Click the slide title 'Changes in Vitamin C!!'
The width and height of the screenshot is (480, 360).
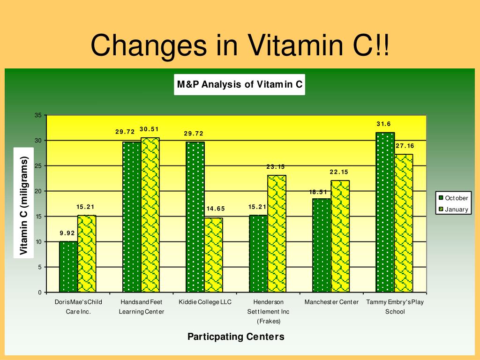pos(240,45)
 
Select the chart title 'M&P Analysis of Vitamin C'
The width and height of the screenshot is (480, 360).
pos(240,84)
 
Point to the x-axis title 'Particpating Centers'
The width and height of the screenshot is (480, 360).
pos(236,337)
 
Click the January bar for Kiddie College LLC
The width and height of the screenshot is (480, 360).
pos(213,255)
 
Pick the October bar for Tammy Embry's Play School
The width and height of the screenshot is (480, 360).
pos(385,212)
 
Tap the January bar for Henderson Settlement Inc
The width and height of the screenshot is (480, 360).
pos(277,233)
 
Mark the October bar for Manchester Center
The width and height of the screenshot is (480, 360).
pos(322,245)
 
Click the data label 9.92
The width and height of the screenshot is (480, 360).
pos(67,233)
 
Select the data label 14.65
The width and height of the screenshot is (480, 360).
pos(216,209)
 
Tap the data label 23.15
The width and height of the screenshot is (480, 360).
pos(276,167)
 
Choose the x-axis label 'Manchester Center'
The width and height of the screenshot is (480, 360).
pos(331,302)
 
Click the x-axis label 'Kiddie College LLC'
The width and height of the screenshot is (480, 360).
pos(205,302)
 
